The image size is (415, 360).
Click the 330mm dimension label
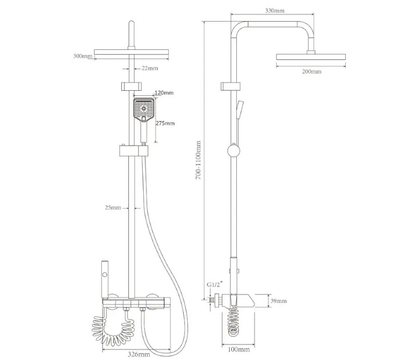tap(274, 11)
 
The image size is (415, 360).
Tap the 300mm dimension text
tap(83, 56)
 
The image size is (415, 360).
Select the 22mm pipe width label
tap(149, 68)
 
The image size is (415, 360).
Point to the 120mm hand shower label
tap(164, 92)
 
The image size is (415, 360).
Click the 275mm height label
tap(165, 123)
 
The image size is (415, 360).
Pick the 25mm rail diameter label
tap(113, 208)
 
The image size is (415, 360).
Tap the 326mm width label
tap(139, 354)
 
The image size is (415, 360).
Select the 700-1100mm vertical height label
tap(198, 160)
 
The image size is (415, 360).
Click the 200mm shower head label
tap(312, 71)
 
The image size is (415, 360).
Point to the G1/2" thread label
tap(214, 285)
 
